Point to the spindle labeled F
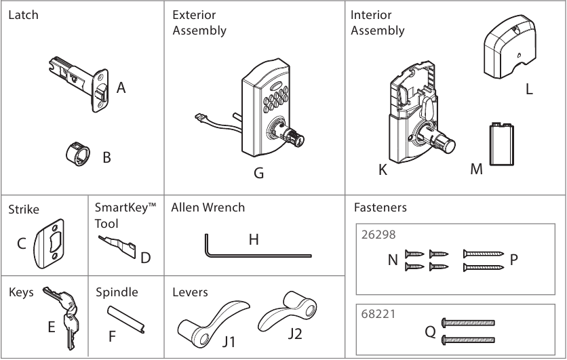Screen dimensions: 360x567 [x=126, y=319]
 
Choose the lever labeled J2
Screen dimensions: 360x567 [x=285, y=315]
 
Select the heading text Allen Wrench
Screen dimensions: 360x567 [x=208, y=207]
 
